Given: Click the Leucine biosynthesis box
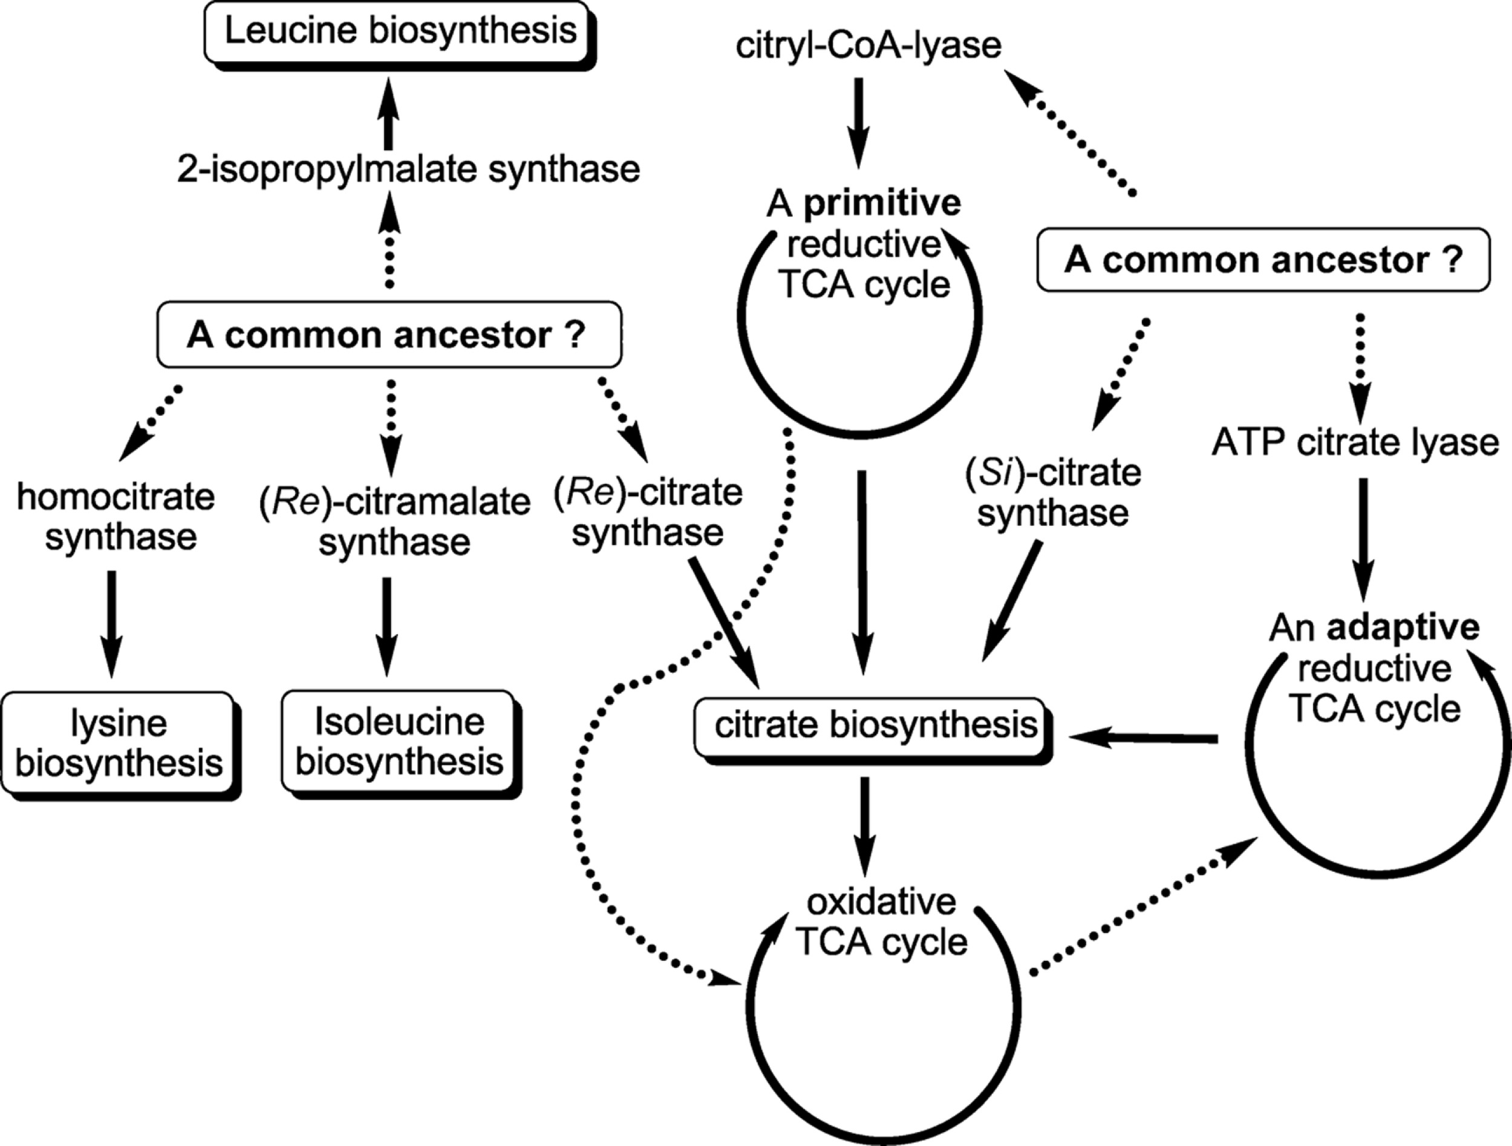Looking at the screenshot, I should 400,32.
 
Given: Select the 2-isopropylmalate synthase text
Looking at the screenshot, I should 408,169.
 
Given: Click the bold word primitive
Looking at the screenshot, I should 882,204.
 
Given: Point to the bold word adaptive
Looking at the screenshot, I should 1403,627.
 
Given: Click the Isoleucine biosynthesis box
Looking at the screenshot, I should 399,742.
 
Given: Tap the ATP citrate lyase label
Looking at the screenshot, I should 1355,443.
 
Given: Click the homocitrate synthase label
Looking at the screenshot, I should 116,517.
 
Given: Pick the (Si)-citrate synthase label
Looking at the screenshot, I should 1053,493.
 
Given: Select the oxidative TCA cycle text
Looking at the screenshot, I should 882,922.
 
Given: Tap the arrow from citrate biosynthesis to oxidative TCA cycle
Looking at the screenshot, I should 865,827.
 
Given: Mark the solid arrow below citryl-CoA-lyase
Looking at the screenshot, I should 859,123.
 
